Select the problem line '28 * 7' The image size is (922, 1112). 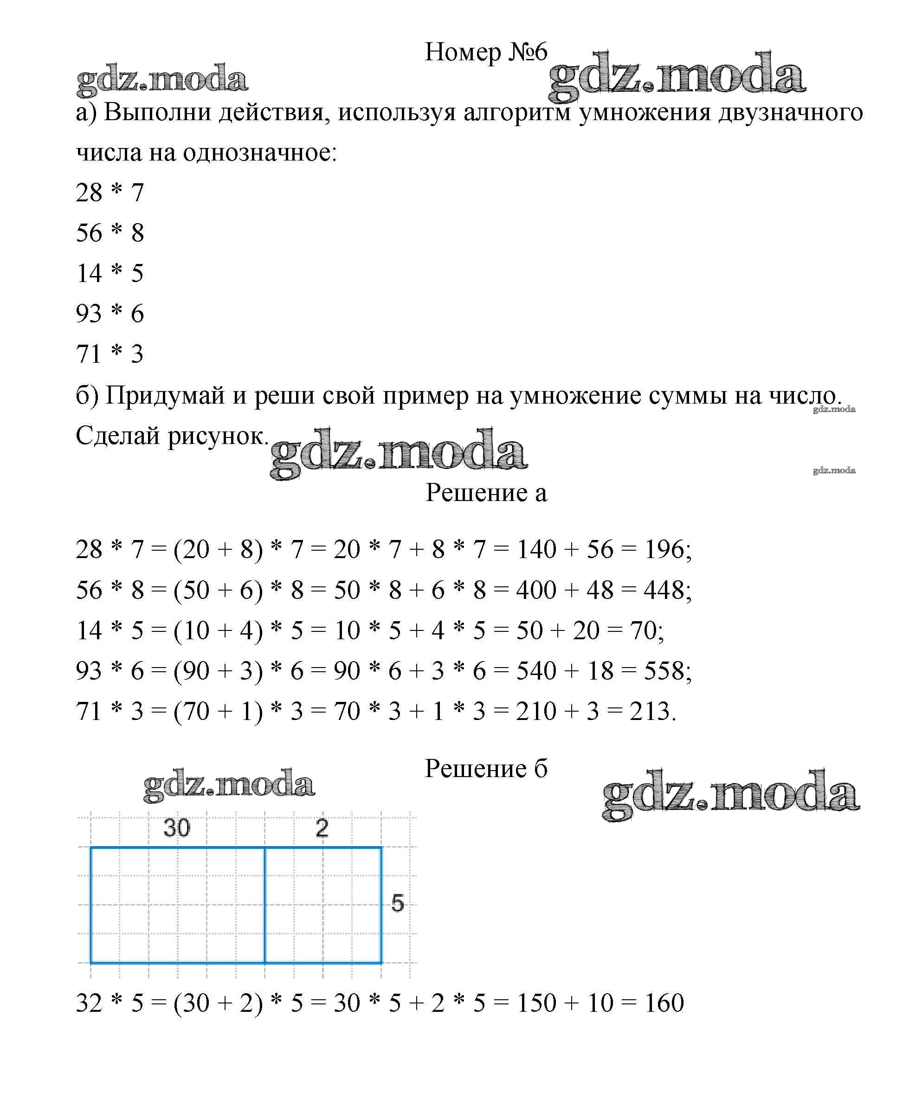(110, 192)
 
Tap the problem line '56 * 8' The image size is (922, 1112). (110, 233)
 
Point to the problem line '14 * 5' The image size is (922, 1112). (110, 273)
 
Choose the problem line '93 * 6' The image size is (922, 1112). (110, 314)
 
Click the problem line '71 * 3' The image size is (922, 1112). (110, 354)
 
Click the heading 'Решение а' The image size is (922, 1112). (486, 493)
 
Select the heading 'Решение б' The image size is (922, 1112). (486, 769)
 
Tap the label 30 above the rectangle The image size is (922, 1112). (176, 828)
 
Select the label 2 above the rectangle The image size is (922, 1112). (322, 828)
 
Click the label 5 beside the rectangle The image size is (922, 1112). (397, 903)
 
